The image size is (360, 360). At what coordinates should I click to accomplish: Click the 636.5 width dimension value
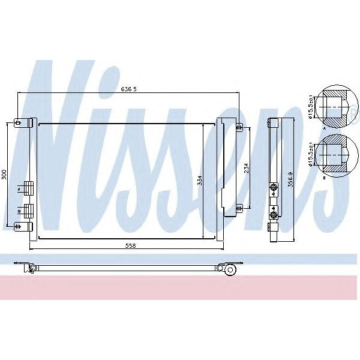[129, 89]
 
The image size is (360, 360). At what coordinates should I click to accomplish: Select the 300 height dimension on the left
[4, 175]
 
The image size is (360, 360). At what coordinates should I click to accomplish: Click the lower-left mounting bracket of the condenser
[23, 226]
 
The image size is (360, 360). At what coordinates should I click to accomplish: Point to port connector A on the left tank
[27, 188]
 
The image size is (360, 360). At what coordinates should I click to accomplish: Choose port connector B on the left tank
[27, 211]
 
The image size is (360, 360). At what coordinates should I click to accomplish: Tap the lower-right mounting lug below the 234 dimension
[239, 208]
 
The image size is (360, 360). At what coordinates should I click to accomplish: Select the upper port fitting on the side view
[274, 188]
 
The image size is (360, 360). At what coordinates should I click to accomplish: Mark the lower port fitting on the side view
[274, 212]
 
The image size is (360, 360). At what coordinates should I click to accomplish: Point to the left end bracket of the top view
[24, 264]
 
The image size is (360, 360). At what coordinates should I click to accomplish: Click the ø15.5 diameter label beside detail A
[311, 107]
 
